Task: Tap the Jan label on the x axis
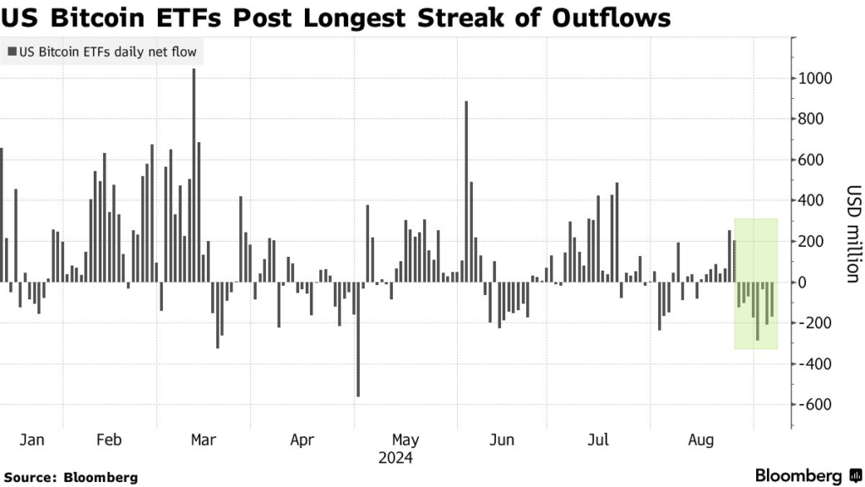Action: (x=31, y=440)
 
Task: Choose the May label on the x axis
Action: (x=405, y=440)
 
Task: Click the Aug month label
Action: (x=701, y=440)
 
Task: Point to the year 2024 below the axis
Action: (x=394, y=458)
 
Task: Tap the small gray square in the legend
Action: (x=11, y=52)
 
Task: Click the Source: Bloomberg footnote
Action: (x=70, y=477)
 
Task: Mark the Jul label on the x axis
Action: (x=598, y=440)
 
